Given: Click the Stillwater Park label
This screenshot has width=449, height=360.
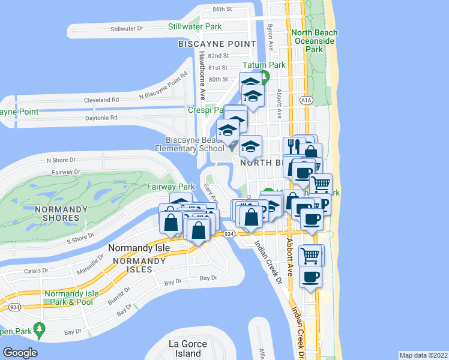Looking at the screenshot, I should coord(194,26).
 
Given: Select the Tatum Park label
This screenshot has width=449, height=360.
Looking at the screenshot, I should coord(264,64).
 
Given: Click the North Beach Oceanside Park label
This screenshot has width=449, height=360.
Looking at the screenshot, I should coord(315,41).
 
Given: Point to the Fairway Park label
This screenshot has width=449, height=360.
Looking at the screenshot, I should coord(171,187).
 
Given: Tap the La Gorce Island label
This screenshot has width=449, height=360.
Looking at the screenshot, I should coord(188,349).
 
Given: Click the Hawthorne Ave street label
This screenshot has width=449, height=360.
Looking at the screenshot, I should coord(202,75).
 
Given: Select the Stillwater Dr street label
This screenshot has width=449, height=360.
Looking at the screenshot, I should coord(127,28).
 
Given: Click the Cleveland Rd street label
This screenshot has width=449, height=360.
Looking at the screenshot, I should coord(101,100).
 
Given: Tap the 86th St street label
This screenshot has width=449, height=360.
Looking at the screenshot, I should coord(221,10).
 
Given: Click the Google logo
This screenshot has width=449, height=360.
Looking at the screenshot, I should coord(20,353).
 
